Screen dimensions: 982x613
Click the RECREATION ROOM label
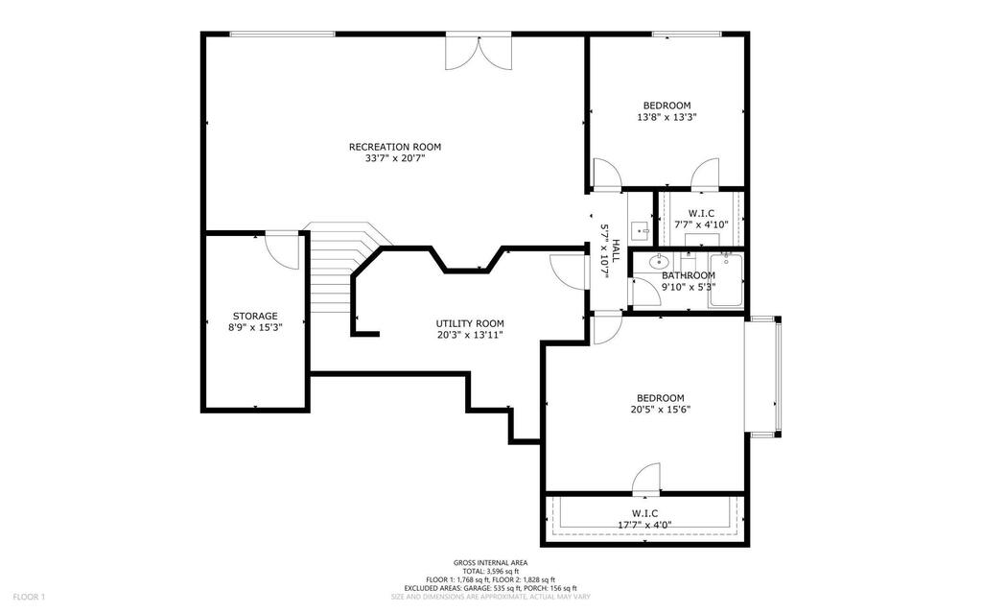tap(394, 148)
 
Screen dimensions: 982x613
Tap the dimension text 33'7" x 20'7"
tap(394, 159)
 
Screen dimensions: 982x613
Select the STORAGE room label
tap(255, 317)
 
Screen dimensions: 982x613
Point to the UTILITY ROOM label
tap(470, 323)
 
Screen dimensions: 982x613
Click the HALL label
tap(617, 250)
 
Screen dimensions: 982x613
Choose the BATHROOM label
tap(689, 275)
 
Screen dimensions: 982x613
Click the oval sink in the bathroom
tap(658, 262)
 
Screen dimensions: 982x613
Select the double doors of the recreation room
tap(479, 52)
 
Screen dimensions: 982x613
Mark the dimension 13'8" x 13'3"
tap(667, 117)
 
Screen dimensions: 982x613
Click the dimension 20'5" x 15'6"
tap(661, 410)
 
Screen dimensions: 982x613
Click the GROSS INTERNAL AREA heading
tap(490, 563)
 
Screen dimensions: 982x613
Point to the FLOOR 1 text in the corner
tap(30, 598)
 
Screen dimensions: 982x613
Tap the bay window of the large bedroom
tap(763, 377)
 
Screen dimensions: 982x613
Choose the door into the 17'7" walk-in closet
tap(646, 479)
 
